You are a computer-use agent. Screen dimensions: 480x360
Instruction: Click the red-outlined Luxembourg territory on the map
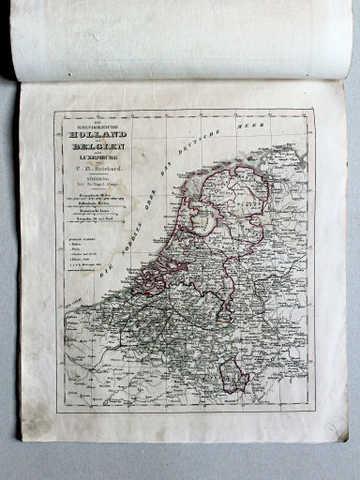pyautogui.click(x=233, y=374)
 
